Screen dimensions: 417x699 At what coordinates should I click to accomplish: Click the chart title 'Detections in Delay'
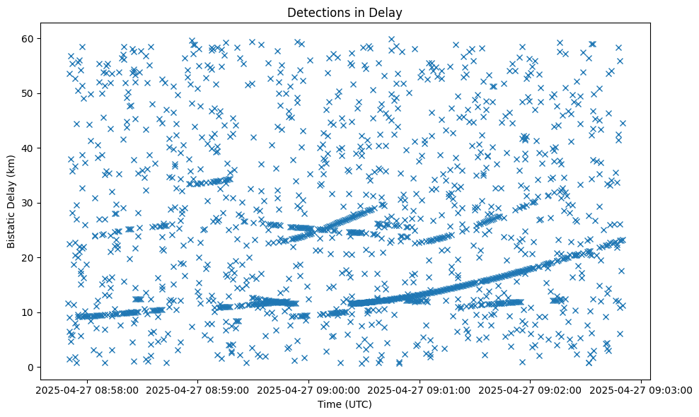(x=349, y=12)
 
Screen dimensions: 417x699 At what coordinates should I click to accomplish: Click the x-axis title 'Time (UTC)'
(x=349, y=404)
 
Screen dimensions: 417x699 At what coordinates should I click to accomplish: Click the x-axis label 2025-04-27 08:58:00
(x=87, y=389)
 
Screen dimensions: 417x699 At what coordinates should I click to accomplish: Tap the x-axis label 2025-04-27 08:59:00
(x=198, y=389)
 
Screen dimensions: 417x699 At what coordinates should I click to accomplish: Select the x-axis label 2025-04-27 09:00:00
(x=309, y=389)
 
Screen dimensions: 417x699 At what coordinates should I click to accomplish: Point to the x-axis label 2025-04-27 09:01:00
(x=420, y=389)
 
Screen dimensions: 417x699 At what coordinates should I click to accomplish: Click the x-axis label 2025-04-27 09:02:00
(x=531, y=389)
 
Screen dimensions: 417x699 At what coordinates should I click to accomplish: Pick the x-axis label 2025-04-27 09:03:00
(x=641, y=389)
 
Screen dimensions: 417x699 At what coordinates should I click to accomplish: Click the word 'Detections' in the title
(x=319, y=12)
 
